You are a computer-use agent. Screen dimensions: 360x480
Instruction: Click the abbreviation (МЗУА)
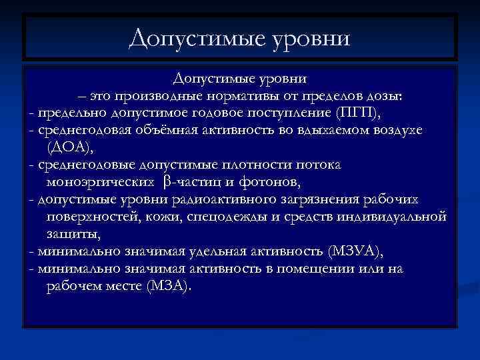(356, 251)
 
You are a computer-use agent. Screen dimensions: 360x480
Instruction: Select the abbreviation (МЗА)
(164, 287)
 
